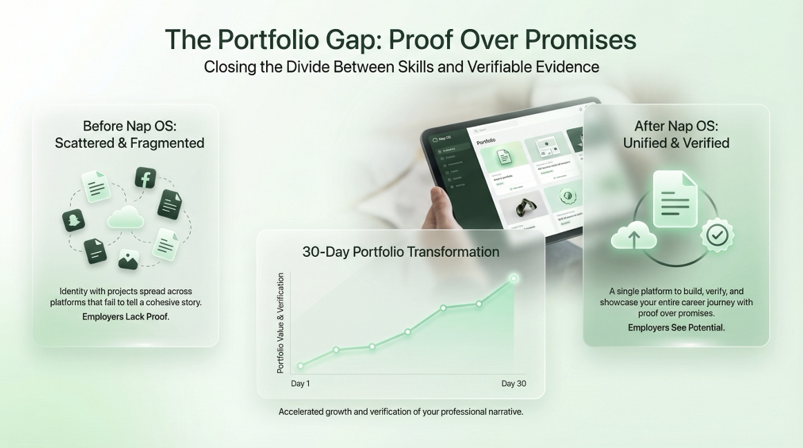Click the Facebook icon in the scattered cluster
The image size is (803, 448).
point(146,178)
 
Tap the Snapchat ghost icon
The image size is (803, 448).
point(73,221)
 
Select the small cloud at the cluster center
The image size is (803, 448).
point(126,217)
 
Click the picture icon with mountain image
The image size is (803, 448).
point(129,259)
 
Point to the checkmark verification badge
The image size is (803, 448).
point(717,235)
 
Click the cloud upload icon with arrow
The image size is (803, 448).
point(634,236)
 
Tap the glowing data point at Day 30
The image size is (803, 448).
point(513,278)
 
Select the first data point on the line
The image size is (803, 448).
point(301,366)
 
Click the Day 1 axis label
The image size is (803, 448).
point(301,384)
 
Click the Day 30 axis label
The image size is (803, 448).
point(513,384)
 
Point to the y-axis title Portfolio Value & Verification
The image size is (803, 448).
point(281,323)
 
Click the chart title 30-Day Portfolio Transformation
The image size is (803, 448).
point(401,252)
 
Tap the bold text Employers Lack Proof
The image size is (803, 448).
point(126,317)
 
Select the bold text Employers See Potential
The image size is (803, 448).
point(677,328)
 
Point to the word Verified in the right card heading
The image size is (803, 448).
point(704,143)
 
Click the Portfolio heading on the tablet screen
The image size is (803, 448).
point(486,142)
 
